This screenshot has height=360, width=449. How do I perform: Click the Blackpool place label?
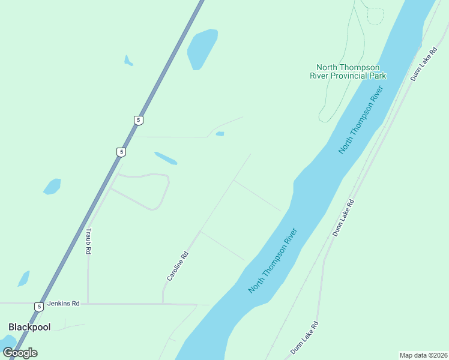pyautogui.click(x=29, y=327)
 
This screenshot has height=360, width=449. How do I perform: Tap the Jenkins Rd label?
pyautogui.click(x=63, y=304)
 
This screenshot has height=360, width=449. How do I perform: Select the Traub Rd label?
pyautogui.click(x=88, y=241)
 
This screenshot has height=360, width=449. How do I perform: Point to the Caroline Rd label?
pyautogui.click(x=178, y=266)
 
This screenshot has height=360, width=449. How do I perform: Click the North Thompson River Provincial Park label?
pyautogui.click(x=348, y=71)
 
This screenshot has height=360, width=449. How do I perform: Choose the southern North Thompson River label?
pyautogui.click(x=273, y=260)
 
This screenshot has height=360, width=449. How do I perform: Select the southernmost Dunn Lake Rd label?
pyautogui.click(x=304, y=337)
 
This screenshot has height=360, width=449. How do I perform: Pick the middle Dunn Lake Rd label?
pyautogui.click(x=344, y=217)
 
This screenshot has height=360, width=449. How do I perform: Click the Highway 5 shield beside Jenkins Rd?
pyautogui.click(x=39, y=307)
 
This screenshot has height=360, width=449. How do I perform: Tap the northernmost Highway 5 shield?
pyautogui.click(x=139, y=120)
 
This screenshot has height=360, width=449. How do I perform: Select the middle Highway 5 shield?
pyautogui.click(x=121, y=152)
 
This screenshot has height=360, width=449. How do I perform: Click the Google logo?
pyautogui.click(x=20, y=353)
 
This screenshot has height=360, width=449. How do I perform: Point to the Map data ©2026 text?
pyautogui.click(x=423, y=355)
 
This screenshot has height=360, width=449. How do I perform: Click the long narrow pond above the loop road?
pyautogui.click(x=166, y=158)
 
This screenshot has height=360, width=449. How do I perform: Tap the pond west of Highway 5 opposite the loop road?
pyautogui.click(x=52, y=187)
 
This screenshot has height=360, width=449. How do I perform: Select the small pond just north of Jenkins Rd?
pyautogui.click(x=24, y=279)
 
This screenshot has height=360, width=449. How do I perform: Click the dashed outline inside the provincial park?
pyautogui.click(x=375, y=16)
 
